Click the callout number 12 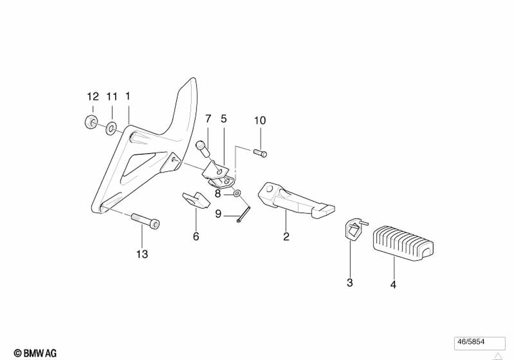[x=93, y=96]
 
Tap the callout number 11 [x=112, y=96]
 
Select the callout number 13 [x=142, y=254]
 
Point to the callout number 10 [x=260, y=121]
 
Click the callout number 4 [x=393, y=284]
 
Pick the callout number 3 [x=350, y=282]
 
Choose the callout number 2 [x=286, y=237]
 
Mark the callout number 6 [x=196, y=237]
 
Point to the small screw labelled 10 [x=261, y=152]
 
